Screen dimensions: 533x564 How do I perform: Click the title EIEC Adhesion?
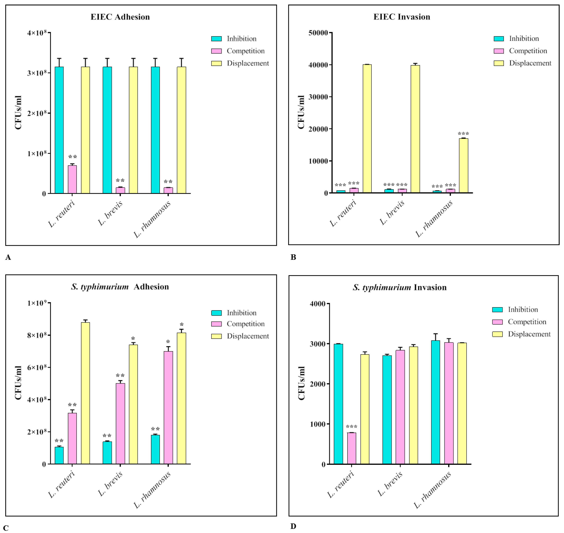coord(120,17)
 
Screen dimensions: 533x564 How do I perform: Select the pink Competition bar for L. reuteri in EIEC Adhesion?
coord(72,179)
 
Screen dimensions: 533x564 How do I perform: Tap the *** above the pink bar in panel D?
coord(352,427)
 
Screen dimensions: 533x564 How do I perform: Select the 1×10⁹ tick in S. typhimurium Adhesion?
coord(37,303)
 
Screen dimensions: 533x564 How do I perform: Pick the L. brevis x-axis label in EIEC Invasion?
coord(392,212)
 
